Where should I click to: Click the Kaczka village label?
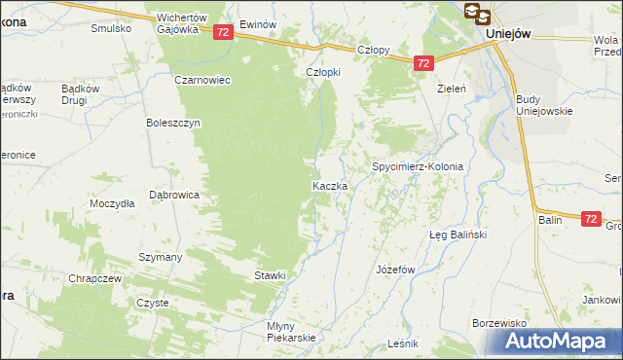click(328, 186)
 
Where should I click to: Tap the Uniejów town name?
click(507, 33)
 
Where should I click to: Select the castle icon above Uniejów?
click(477, 13)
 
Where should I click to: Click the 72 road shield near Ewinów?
click(223, 32)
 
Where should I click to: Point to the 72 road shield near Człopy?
click(422, 63)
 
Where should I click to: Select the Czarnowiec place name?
click(202, 81)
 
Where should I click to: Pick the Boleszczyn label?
click(172, 124)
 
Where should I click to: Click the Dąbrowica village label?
click(174, 195)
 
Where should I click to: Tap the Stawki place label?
click(270, 275)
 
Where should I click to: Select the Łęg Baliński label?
click(458, 235)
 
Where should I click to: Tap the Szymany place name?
click(161, 257)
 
